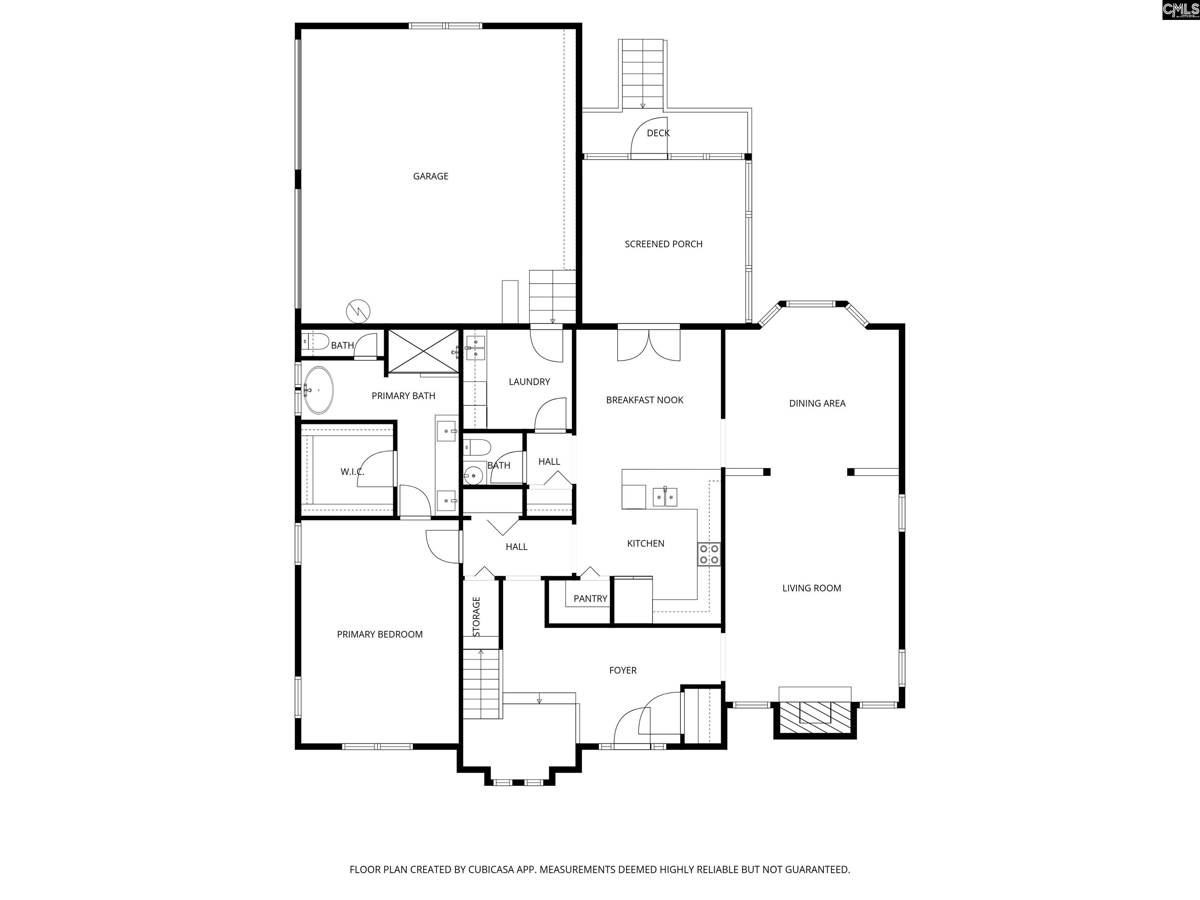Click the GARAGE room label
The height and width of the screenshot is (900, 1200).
coord(431,176)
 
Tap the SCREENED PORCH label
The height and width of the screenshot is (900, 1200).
coord(663,244)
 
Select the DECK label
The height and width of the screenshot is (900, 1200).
coord(658,133)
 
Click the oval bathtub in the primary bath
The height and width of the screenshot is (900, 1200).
coord(318,390)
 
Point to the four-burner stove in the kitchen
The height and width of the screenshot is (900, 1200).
coord(709,554)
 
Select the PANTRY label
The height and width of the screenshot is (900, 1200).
coord(590,599)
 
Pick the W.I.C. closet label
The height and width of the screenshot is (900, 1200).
coord(353,472)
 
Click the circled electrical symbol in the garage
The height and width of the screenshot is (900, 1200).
coord(359,311)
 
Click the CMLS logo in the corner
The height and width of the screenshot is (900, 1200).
coord(1180,10)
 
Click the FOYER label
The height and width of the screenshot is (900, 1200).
coord(623,671)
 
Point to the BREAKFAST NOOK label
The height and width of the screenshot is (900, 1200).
coord(645,400)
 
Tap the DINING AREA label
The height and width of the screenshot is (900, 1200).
coord(817,404)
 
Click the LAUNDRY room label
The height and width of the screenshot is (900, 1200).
coord(529,382)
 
